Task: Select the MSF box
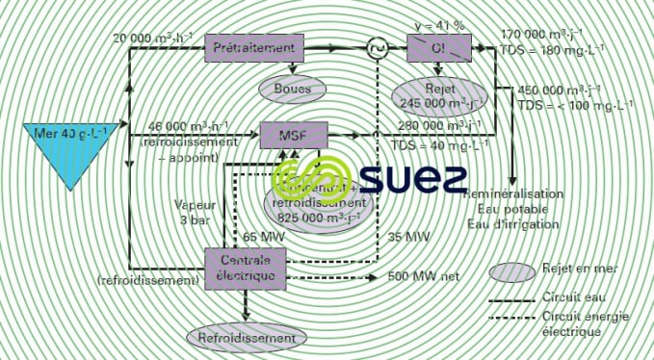[x=294, y=135]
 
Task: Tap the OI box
[x=438, y=46]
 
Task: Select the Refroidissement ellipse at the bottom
[x=249, y=339]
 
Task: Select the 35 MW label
[x=407, y=236]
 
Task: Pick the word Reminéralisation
[x=512, y=193]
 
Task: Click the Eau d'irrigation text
[x=512, y=224]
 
